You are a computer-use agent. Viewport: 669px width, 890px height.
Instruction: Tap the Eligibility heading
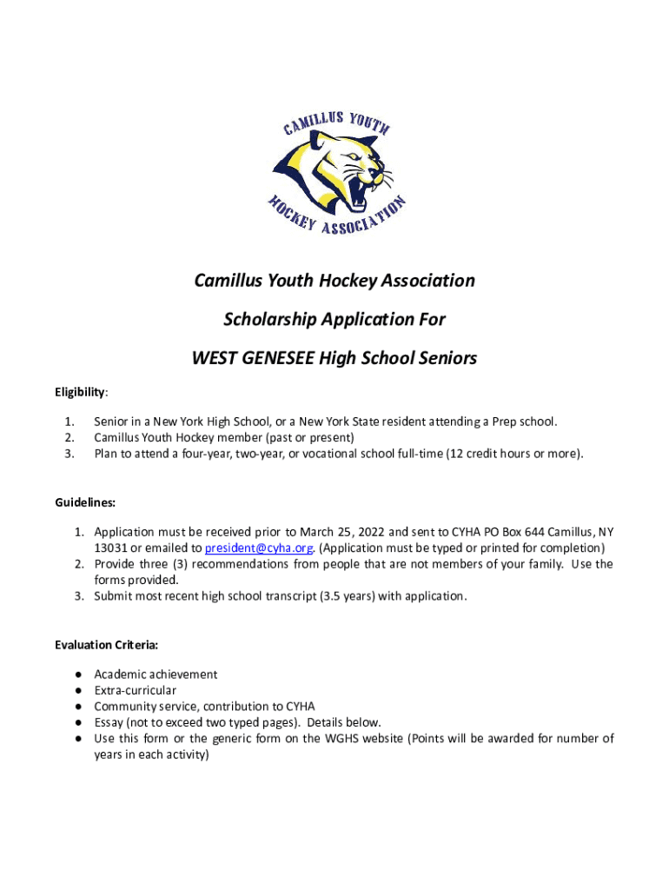(x=81, y=392)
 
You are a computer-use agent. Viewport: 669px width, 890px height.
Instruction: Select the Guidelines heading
(x=85, y=502)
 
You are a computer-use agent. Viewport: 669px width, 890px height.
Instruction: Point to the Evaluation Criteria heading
(x=106, y=645)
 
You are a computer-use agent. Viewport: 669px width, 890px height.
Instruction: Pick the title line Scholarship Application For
(x=334, y=319)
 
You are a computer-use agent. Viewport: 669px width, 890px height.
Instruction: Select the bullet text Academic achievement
(x=156, y=674)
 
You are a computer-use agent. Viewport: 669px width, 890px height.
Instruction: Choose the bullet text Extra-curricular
(x=135, y=690)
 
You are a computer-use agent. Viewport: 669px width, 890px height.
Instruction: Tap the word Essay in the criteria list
(x=109, y=722)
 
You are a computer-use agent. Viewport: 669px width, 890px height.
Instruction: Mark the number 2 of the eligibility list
(x=68, y=438)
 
